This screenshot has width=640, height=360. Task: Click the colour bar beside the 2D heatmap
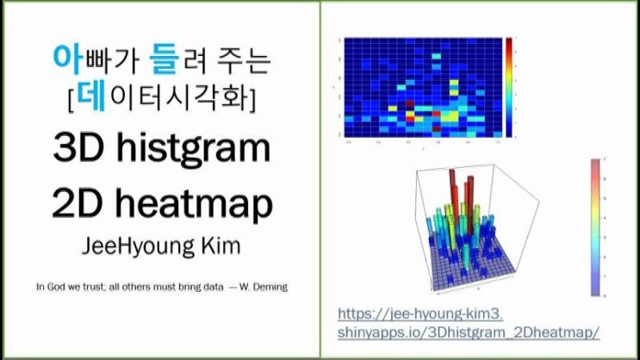(x=511, y=87)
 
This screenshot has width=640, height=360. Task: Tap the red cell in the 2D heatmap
(x=410, y=114)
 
